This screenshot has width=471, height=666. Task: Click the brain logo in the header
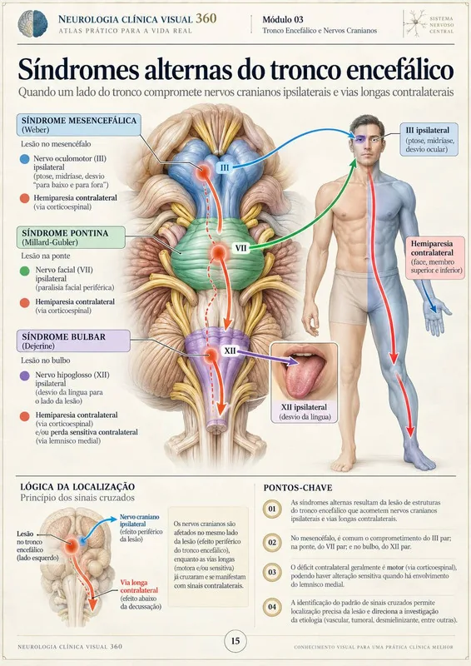tap(32, 24)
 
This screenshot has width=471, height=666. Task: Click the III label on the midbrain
tap(225, 167)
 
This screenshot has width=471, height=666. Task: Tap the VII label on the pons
tap(240, 247)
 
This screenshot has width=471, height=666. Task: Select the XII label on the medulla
tap(230, 350)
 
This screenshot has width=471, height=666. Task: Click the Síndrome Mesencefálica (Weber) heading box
tap(79, 125)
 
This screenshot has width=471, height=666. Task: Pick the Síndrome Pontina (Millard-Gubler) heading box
tap(71, 237)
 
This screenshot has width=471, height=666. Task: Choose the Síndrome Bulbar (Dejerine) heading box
tap(73, 341)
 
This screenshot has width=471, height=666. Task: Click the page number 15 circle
tap(235, 641)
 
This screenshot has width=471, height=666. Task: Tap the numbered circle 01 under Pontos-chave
tap(272, 509)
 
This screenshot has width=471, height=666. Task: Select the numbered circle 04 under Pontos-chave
tap(272, 607)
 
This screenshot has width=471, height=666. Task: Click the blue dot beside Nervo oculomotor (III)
tap(25, 159)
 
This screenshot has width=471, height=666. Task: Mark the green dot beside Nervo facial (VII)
tap(25, 271)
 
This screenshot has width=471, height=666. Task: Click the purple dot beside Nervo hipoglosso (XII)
tap(25, 375)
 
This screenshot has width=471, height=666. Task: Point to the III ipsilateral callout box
tap(429, 140)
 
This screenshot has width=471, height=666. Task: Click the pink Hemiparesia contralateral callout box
tap(434, 257)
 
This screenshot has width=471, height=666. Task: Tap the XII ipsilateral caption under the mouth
tap(304, 411)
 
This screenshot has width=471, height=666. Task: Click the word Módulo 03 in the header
tap(283, 19)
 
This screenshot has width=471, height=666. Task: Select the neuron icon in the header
tap(414, 24)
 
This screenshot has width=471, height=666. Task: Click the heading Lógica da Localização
tap(77, 487)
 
